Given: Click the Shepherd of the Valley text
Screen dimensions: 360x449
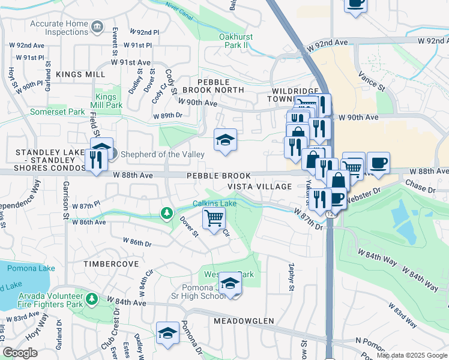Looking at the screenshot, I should (x=162, y=154).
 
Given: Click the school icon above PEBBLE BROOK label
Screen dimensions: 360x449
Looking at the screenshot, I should (x=225, y=140).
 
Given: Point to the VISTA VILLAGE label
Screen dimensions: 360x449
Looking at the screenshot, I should (x=259, y=187).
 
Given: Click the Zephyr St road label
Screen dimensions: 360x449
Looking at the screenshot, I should (x=291, y=277).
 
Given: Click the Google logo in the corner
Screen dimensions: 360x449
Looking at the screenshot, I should (x=20, y=353).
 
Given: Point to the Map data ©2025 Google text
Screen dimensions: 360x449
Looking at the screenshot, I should (x=411, y=355).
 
